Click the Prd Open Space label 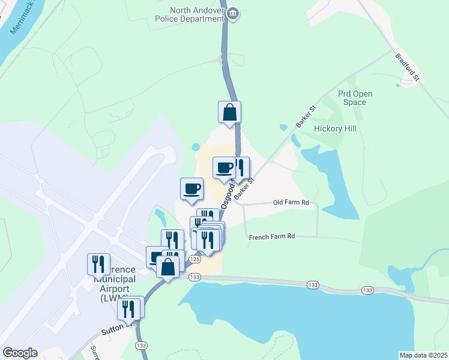(x=355, y=98)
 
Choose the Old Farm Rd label (x=291, y=203)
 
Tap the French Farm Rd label (x=272, y=236)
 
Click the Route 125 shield (x=194, y=259)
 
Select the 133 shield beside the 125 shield (x=194, y=277)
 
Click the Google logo (x=20, y=352)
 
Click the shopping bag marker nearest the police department (x=229, y=112)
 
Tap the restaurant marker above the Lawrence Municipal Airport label (x=98, y=263)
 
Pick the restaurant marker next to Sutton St (x=128, y=308)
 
